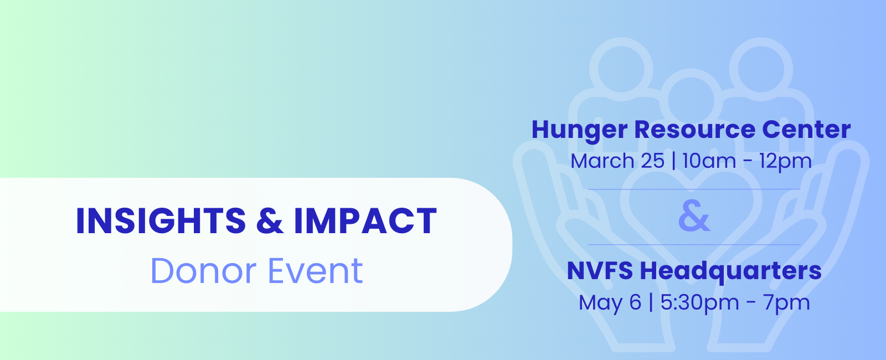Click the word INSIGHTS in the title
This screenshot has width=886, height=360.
click(x=161, y=221)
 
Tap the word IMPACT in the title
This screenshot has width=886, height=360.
click(x=365, y=221)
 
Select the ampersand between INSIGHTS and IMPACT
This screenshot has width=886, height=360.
click(x=270, y=221)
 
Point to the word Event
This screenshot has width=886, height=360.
click(x=316, y=271)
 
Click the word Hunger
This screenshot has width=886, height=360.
click(x=579, y=130)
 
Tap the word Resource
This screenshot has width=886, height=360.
click(x=694, y=130)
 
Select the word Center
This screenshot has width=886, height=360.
click(x=806, y=130)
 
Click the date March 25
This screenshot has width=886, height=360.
click(x=617, y=161)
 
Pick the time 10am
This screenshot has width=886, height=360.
click(x=709, y=161)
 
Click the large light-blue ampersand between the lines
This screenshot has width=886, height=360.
click(x=694, y=216)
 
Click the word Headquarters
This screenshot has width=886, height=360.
click(x=730, y=272)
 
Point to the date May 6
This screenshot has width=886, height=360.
click(x=610, y=303)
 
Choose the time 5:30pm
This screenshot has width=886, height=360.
click(x=699, y=303)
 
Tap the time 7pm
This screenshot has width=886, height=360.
click(x=786, y=303)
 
